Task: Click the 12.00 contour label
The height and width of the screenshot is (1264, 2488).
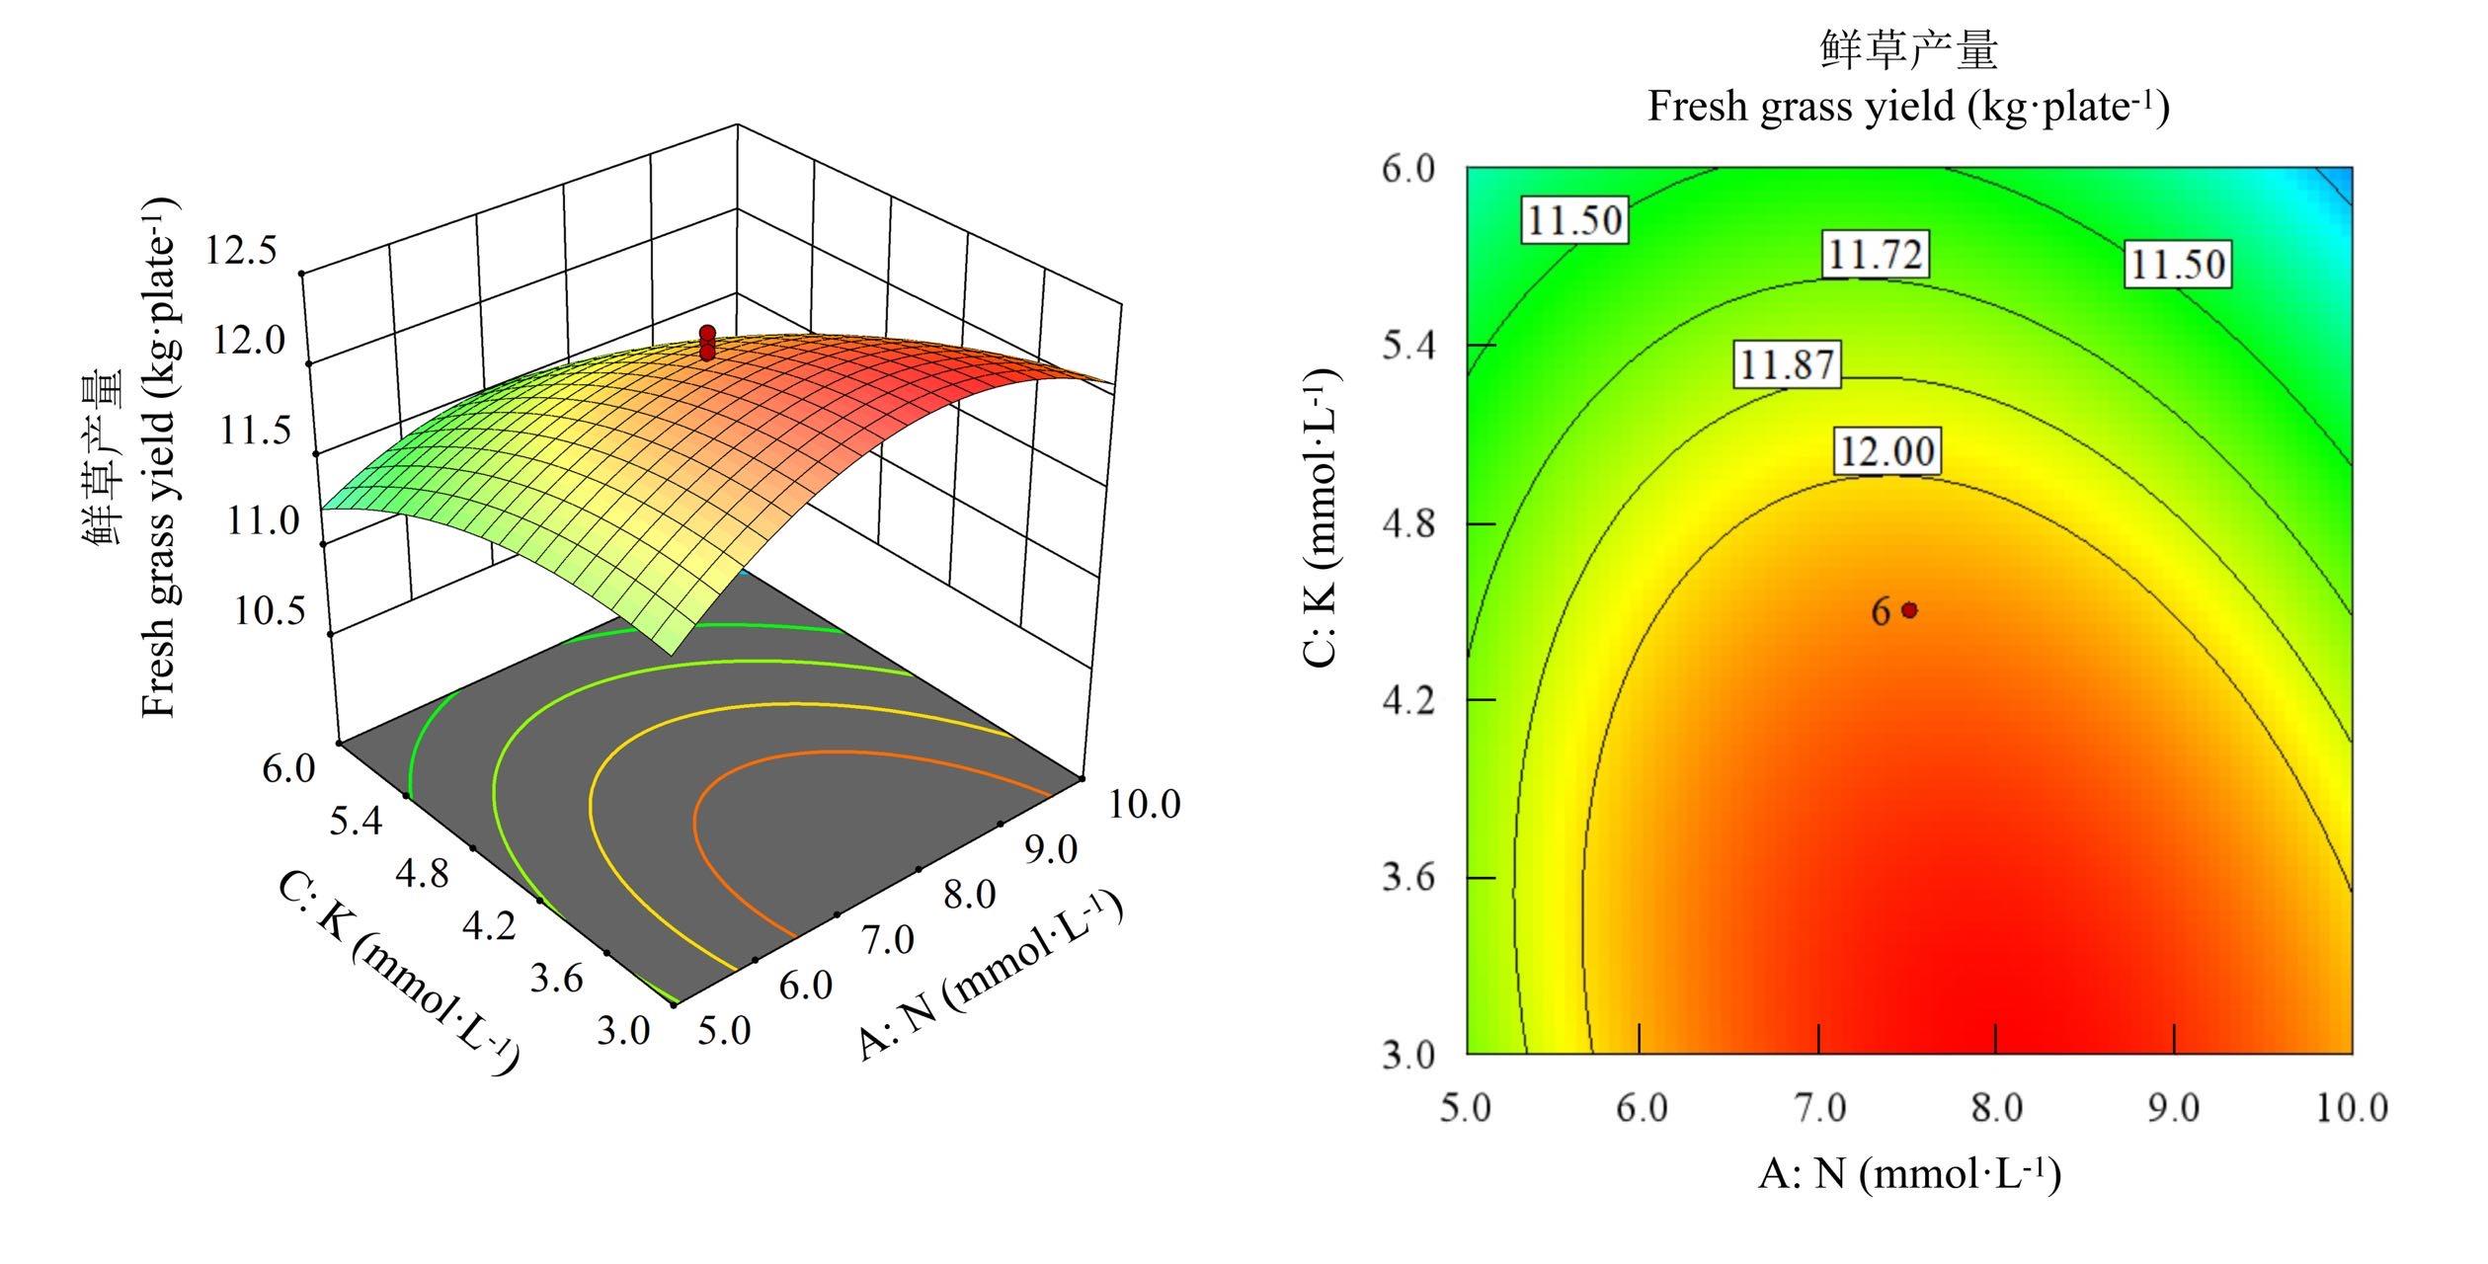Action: (x=1886, y=451)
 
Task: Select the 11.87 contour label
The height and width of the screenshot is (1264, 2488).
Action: (x=1788, y=365)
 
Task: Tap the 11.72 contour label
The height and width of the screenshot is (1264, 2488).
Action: (x=1874, y=256)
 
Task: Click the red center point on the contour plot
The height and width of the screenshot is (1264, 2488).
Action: (x=1910, y=610)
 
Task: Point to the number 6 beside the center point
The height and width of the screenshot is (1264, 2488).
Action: (x=1881, y=612)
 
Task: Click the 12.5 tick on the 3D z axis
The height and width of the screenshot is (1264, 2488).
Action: (x=241, y=252)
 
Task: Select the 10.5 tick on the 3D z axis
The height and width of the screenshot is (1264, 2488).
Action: (x=269, y=612)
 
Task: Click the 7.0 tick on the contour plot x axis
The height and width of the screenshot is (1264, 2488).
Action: (x=1818, y=1108)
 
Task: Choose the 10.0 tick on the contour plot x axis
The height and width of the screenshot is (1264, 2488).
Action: (x=2352, y=1108)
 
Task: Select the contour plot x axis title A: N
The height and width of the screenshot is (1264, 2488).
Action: (x=1908, y=1174)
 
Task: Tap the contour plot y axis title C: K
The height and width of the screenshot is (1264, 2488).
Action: (x=1321, y=517)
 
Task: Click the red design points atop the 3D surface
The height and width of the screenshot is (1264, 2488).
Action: (x=707, y=342)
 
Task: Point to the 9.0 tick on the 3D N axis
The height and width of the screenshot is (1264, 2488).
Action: (x=1051, y=848)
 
